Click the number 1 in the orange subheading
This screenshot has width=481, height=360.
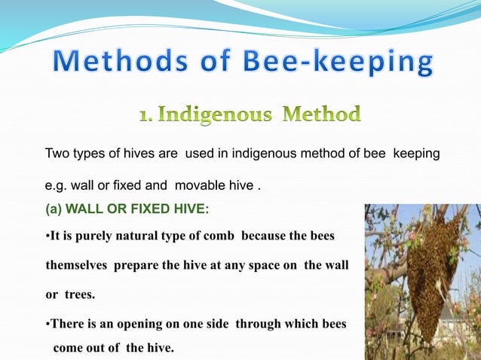(146, 117)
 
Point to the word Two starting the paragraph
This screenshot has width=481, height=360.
(57, 154)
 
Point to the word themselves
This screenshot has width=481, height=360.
(78, 265)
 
